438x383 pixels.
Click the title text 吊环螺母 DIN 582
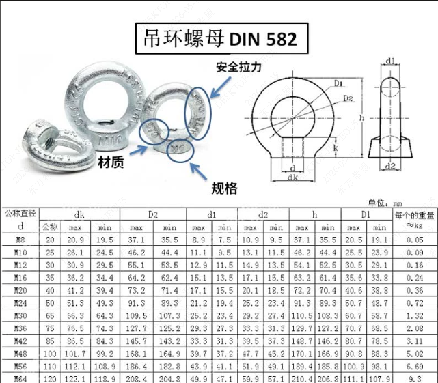point(220,38)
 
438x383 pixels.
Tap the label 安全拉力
point(239,68)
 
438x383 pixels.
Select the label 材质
point(111,162)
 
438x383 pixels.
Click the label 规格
point(224,188)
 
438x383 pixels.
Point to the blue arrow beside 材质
point(139,150)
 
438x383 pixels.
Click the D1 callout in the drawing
point(339,83)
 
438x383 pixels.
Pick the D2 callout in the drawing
point(348,98)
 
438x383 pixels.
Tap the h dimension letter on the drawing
point(361,118)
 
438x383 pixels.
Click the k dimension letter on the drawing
point(336,147)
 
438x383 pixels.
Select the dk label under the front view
point(292,177)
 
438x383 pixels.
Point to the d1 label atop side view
point(390,61)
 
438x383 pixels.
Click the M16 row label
point(20,278)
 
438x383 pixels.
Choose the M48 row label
point(20,354)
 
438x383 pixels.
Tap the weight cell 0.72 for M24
point(415,303)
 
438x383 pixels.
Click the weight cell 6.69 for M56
point(415,366)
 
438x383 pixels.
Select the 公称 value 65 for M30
point(50,315)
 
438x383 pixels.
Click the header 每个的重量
point(415,215)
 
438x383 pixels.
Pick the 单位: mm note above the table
point(385,203)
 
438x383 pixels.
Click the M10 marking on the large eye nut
point(111,139)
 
